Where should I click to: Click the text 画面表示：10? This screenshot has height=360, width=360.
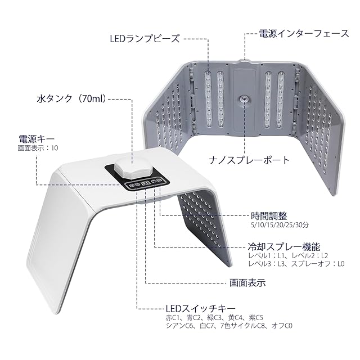(x=38, y=148)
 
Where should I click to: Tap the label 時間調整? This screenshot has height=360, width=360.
(x=268, y=215)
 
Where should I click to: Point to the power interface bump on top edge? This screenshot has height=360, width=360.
(x=245, y=58)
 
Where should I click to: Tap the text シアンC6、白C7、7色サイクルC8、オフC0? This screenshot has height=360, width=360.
(x=228, y=326)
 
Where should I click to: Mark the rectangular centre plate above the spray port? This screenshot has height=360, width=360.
(x=245, y=79)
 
